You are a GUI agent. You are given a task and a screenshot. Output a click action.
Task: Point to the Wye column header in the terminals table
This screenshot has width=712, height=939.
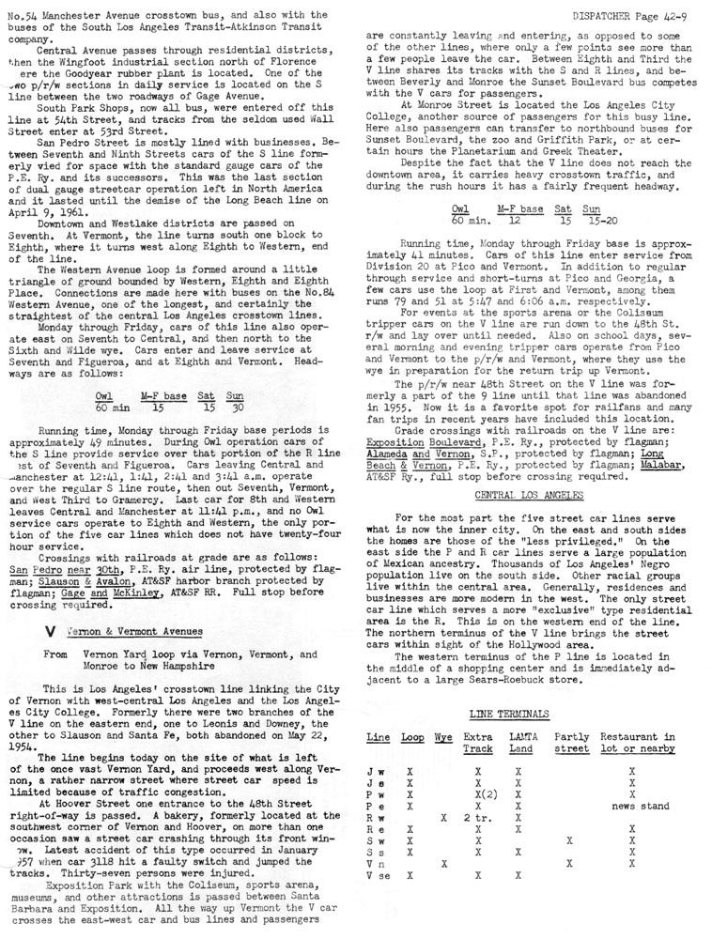[x=443, y=737]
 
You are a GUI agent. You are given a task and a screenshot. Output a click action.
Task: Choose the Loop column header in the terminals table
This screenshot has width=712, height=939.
[x=411, y=737]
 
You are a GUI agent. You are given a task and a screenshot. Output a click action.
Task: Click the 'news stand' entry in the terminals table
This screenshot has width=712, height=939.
[x=640, y=805]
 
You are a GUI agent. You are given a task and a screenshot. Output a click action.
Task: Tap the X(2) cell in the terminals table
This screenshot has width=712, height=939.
[x=480, y=793]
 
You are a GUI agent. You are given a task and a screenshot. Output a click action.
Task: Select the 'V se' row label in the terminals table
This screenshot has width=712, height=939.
[x=378, y=874]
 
